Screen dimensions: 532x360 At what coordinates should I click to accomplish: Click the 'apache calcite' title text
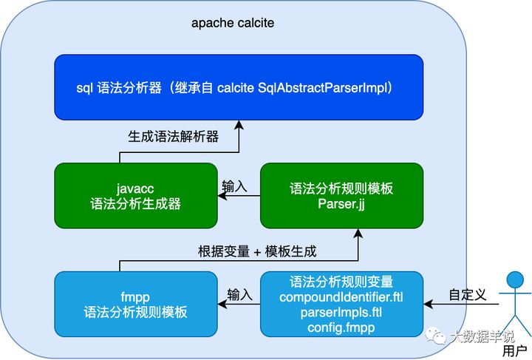click(233, 23)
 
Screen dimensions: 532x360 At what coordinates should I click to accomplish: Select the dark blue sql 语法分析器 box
click(239, 87)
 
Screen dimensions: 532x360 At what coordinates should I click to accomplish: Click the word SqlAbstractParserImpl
click(322, 88)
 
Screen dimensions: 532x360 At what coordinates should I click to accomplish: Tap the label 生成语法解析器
click(174, 137)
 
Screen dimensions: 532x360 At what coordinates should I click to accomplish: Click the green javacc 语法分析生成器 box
click(136, 195)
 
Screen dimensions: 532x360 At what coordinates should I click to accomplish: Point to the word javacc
click(135, 189)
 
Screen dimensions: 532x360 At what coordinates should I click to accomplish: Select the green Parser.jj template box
click(341, 195)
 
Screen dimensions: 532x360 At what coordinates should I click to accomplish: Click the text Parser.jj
click(341, 204)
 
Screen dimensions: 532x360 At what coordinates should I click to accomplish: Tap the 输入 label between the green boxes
click(234, 186)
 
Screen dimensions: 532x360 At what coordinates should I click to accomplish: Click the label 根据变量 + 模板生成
click(257, 251)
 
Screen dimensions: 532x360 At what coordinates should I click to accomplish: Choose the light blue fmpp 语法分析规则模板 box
click(136, 304)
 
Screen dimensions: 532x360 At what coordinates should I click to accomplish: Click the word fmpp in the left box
click(135, 297)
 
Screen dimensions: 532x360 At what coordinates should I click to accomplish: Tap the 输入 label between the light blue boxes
click(240, 295)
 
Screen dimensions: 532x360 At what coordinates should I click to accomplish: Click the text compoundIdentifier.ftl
click(341, 297)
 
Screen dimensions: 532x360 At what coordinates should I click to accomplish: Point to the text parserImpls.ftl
click(341, 312)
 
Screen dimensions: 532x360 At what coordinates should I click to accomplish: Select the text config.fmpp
click(341, 327)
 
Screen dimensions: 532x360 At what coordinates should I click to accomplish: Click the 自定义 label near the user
click(468, 294)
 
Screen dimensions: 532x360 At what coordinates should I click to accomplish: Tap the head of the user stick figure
click(515, 280)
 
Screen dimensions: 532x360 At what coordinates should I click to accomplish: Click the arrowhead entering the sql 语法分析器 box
click(239, 124)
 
